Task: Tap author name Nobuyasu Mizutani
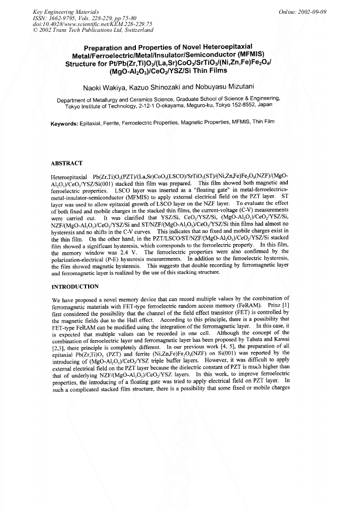pyautogui.click(x=234, y=86)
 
